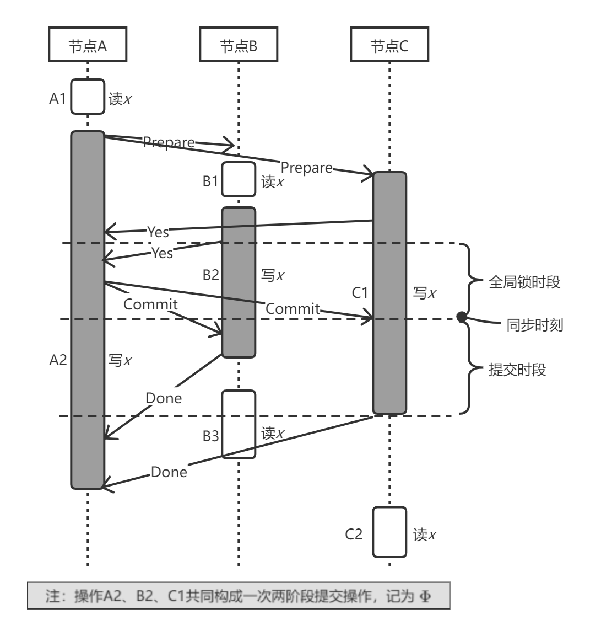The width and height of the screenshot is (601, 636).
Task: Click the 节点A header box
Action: click(88, 45)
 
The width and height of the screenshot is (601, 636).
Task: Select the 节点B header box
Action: click(239, 45)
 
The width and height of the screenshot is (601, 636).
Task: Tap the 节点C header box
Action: click(389, 45)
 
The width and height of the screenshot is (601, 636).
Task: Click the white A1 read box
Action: click(88, 97)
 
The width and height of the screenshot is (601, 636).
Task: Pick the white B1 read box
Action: click(239, 179)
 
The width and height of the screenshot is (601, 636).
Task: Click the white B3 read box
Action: click(239, 424)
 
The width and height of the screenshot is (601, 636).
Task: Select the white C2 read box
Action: click(389, 532)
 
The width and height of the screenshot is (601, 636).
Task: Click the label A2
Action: click(58, 360)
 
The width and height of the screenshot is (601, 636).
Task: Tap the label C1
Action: click(360, 292)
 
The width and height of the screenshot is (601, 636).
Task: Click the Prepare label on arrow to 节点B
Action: click(169, 142)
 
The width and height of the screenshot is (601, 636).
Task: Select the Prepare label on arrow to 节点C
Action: click(306, 167)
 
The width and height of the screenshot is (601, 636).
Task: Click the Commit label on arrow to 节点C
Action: click(293, 309)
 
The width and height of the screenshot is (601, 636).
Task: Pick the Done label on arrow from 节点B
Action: click(164, 398)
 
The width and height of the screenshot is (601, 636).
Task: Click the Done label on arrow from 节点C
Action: click(169, 472)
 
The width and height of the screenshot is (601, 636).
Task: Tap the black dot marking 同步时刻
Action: click(462, 317)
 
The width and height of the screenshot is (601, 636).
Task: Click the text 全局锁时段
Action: click(524, 282)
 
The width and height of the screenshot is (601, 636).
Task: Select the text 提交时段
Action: click(517, 370)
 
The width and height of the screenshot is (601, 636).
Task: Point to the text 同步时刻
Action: click(534, 325)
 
